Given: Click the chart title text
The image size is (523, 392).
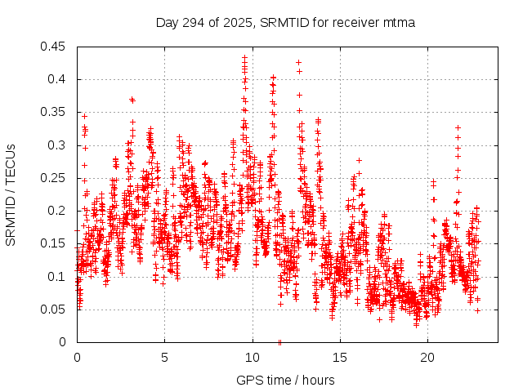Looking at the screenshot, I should coord(285,23).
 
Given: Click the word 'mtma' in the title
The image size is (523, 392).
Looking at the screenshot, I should coord(398,23).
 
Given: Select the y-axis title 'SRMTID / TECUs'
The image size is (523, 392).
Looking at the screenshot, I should coord(11,194).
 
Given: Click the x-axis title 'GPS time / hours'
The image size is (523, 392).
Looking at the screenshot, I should coord(285,380).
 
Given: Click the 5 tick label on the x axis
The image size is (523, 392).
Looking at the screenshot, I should coord(164,357).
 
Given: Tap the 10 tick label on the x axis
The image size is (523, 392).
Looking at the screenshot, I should coord(253,357).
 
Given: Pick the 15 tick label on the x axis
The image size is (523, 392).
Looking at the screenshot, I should coord(340,357).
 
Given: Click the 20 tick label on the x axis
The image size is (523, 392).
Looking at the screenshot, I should coord(427,357).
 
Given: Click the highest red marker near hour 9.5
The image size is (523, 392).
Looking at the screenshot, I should coord(244,58).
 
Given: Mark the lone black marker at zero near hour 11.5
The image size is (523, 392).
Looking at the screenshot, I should coord(279,341).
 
